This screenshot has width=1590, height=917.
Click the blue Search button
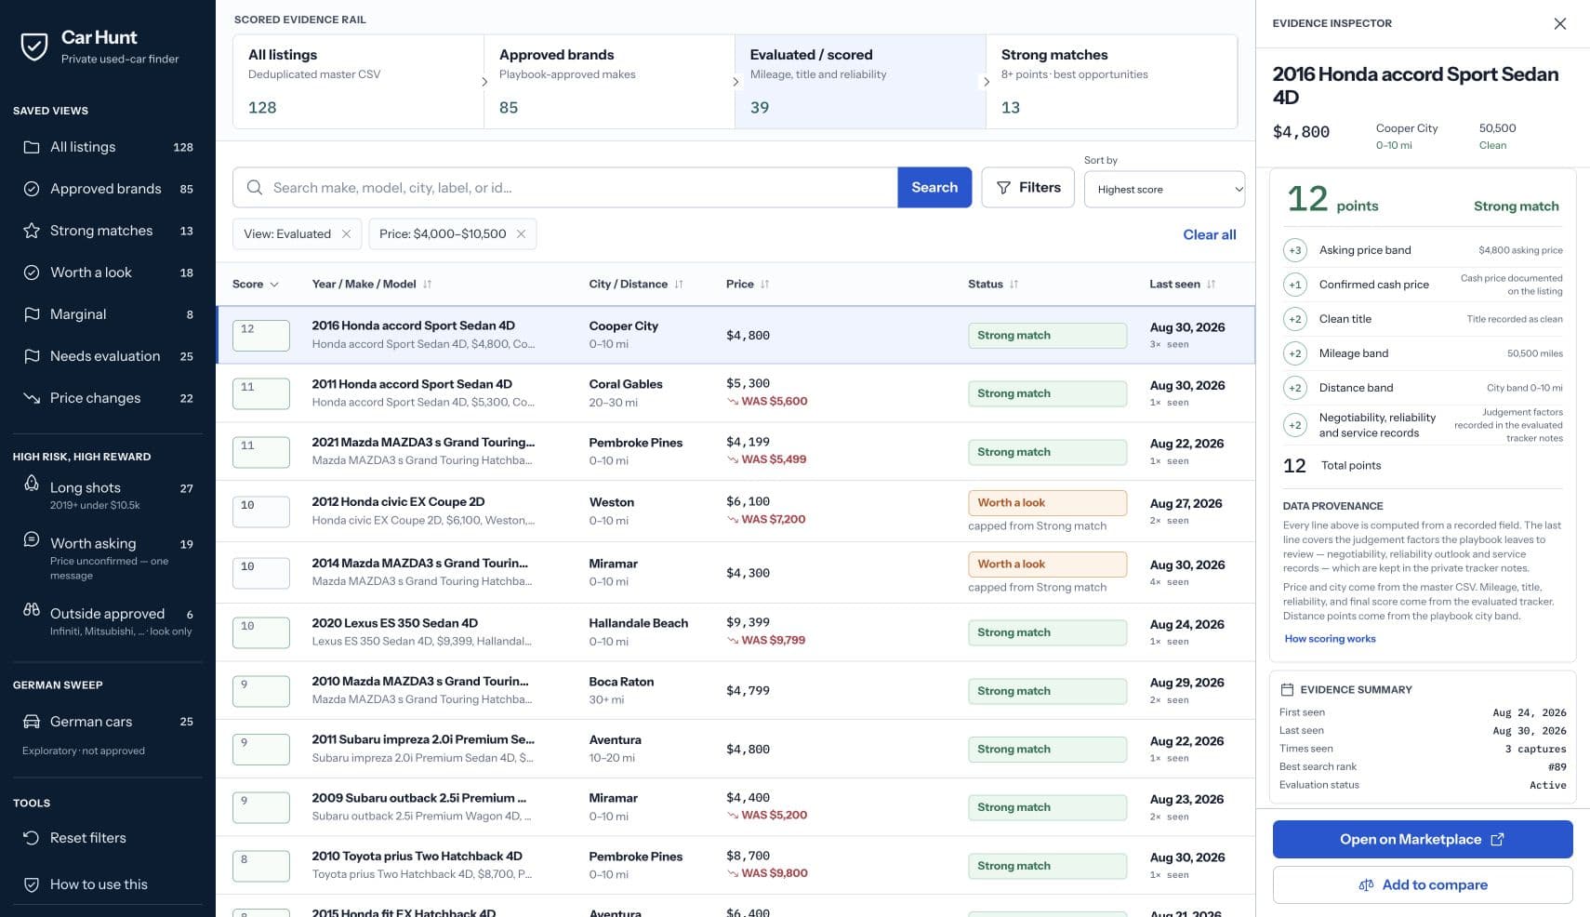tap(934, 187)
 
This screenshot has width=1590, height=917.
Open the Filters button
tap(1027, 187)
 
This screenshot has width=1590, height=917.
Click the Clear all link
tap(1209, 234)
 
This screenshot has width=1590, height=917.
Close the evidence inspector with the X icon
tap(1559, 23)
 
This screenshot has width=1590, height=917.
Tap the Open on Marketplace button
tap(1423, 839)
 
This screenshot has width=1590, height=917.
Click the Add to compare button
tap(1423, 884)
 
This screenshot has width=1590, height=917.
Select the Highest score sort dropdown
tap(1164, 190)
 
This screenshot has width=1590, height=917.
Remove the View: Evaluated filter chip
tap(346, 234)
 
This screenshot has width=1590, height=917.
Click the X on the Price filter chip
tap(521, 234)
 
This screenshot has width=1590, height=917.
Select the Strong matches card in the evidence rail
tap(1111, 82)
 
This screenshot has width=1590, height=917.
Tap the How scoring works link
tap(1330, 639)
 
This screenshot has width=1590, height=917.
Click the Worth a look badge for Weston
tap(1047, 502)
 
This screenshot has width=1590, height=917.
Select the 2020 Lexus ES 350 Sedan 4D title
tap(394, 623)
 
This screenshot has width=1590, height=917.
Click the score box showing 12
tap(261, 335)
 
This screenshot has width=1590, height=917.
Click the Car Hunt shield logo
tap(34, 47)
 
